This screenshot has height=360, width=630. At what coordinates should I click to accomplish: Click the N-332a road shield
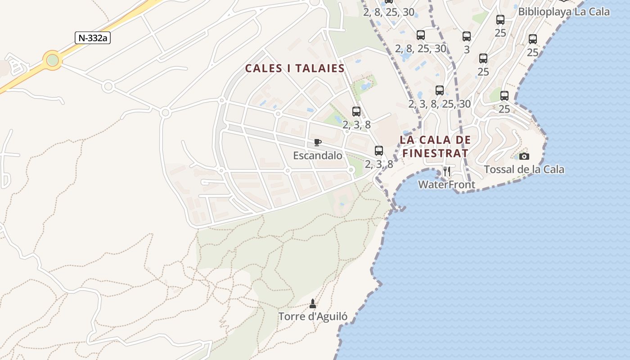point(93,38)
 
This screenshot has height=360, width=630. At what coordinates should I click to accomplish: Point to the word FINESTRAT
point(435,153)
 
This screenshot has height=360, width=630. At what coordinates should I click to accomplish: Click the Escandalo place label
point(318,156)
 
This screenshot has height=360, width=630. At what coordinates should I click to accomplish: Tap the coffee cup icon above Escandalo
point(318,143)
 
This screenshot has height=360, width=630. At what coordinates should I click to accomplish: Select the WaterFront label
point(446,184)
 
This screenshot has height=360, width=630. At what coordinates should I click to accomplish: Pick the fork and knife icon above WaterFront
point(446,171)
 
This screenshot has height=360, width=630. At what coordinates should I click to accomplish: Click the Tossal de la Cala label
point(524,170)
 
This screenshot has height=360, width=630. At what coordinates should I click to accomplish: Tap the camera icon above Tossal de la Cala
point(524,157)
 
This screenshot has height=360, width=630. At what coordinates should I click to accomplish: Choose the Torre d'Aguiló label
point(313,316)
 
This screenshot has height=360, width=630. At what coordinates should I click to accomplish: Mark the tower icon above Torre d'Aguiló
point(313,304)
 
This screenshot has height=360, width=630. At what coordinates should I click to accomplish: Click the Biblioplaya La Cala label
point(564,12)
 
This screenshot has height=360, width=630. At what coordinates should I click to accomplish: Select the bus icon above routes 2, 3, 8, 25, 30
point(440,90)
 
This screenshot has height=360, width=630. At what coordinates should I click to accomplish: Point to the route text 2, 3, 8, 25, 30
point(440,104)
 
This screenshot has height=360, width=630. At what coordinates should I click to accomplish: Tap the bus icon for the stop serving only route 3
point(467,36)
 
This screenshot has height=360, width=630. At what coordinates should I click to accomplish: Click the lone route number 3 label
point(467,49)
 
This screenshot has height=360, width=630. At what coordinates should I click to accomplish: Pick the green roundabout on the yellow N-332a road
point(53,60)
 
